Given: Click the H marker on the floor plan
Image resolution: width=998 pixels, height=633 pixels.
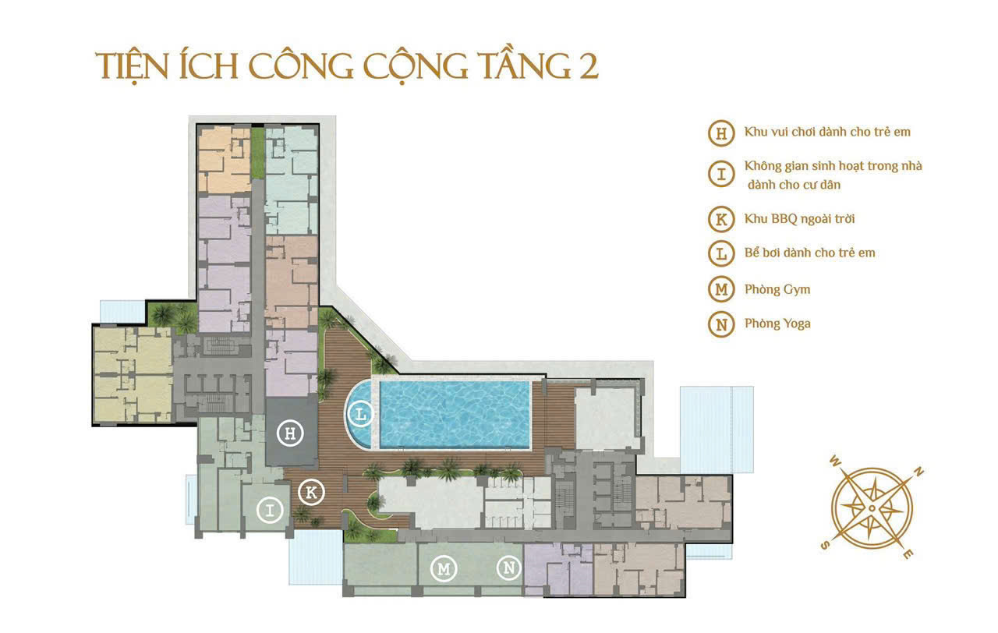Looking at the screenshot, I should click(290, 434).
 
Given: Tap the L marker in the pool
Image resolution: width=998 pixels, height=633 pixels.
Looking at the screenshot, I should click(360, 414).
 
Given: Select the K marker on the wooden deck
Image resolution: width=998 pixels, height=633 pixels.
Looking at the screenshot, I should click(311, 492).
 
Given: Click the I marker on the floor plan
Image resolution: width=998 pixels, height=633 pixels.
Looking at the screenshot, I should click(270, 511).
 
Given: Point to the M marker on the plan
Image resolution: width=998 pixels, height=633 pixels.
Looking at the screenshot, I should click(444, 568).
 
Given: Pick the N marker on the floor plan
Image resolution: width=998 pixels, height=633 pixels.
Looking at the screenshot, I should click(509, 568).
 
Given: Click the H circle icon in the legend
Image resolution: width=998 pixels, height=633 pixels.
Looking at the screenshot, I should click(721, 133).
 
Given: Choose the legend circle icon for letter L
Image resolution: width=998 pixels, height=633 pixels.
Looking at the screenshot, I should click(721, 253).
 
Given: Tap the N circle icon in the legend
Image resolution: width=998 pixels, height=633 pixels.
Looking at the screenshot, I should click(721, 324).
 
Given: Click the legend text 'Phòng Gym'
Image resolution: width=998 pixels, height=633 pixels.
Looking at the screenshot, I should click(777, 289).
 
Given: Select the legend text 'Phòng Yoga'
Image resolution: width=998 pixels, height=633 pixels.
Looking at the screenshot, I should click(777, 324).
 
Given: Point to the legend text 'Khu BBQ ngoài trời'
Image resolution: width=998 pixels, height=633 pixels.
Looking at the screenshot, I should click(794, 219).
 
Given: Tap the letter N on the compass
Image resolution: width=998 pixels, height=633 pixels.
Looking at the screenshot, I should click(919, 472).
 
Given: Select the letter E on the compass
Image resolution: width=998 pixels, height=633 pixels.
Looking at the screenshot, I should click(908, 554).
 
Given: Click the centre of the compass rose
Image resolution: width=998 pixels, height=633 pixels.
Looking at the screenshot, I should click(872, 508).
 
